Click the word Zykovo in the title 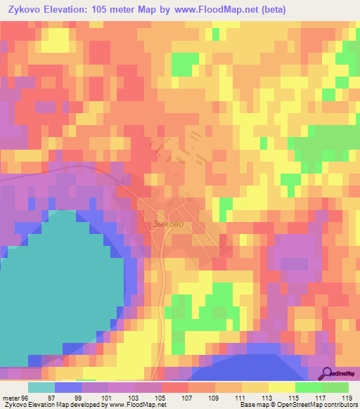coord(27,9)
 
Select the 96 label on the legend coord(26,398)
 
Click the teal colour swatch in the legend coord(41,387)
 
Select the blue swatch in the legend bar coord(68,387)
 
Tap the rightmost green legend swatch coord(335,387)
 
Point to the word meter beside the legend coord(11,398)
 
